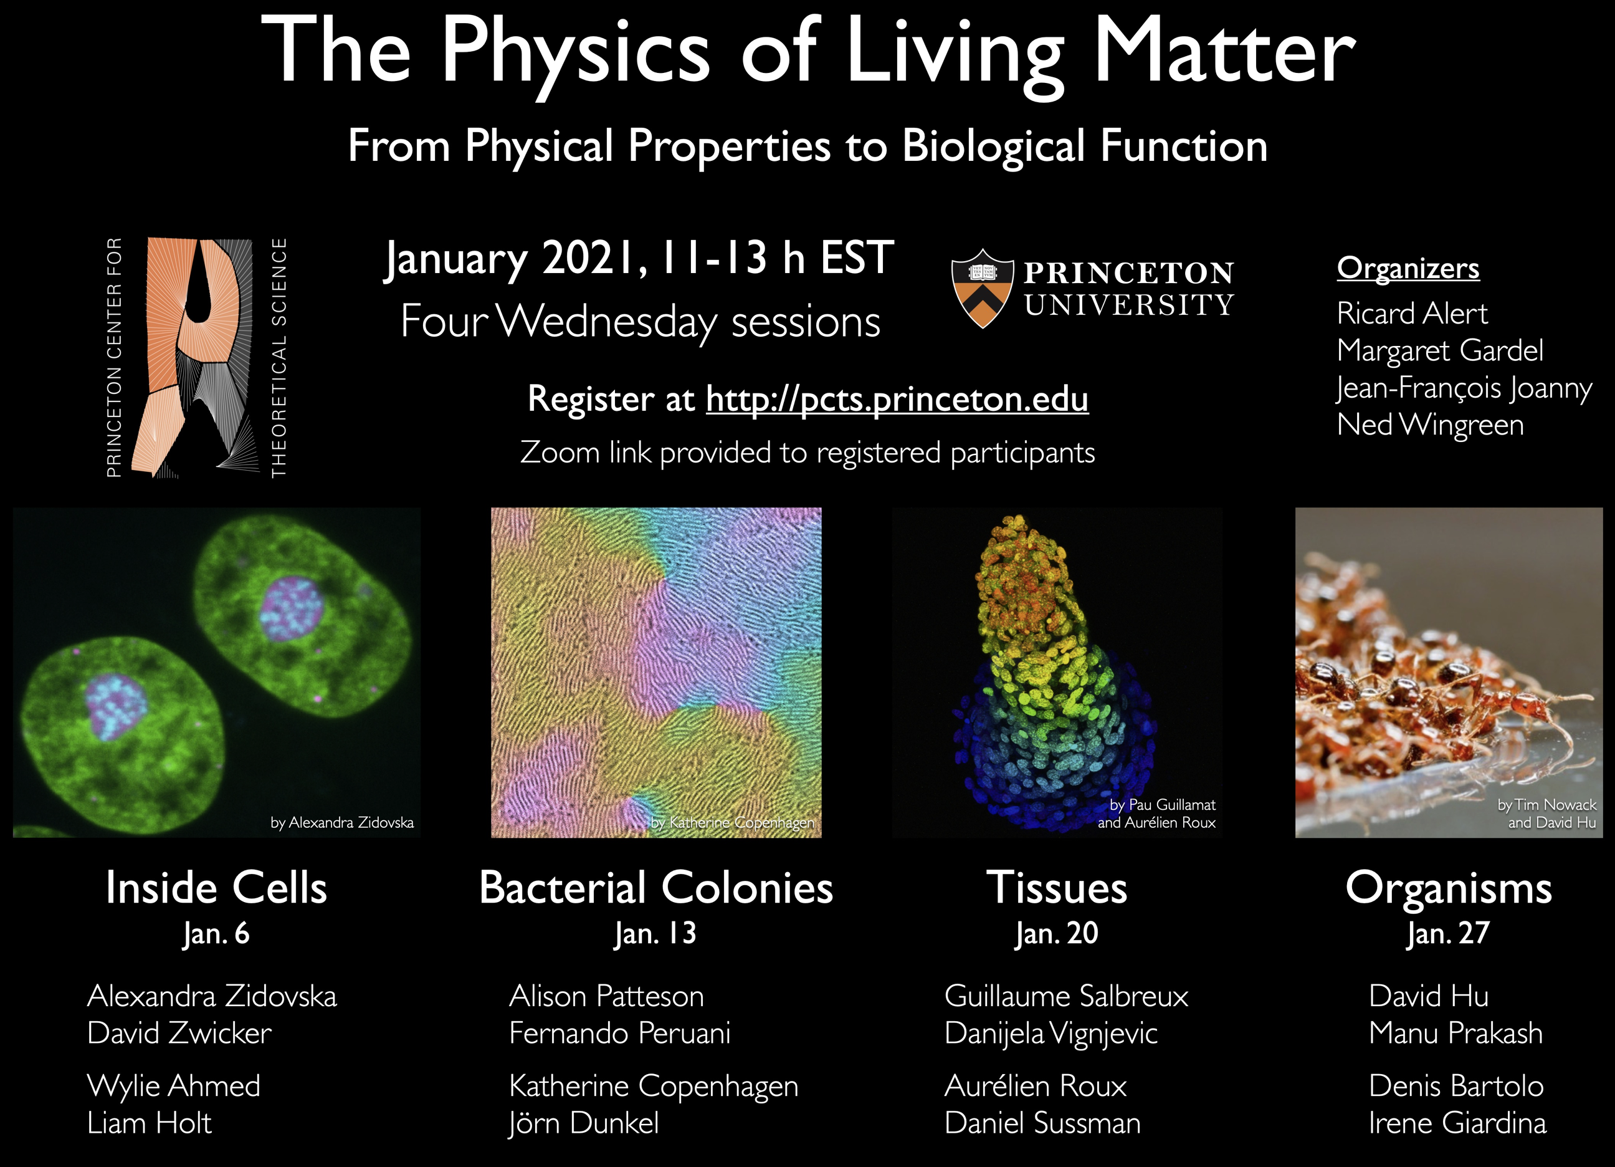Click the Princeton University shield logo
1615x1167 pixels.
coord(982,288)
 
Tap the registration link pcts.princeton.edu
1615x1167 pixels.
coord(897,399)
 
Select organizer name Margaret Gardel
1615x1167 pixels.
coord(1440,350)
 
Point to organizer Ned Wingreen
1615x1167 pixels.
coord(1430,425)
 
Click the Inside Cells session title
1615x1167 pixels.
coord(216,888)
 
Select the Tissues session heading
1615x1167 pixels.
coord(1057,888)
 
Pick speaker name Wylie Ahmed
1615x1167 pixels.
coord(174,1087)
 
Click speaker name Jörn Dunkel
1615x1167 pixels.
coord(584,1123)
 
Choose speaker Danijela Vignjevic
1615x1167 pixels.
coord(1051,1034)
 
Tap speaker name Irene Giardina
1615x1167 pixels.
coord(1457,1123)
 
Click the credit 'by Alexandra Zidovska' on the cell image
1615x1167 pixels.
coord(342,822)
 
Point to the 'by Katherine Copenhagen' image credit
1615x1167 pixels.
coord(733,822)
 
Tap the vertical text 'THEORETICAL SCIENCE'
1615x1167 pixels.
coord(279,358)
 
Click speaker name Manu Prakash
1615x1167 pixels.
coord(1455,1034)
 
